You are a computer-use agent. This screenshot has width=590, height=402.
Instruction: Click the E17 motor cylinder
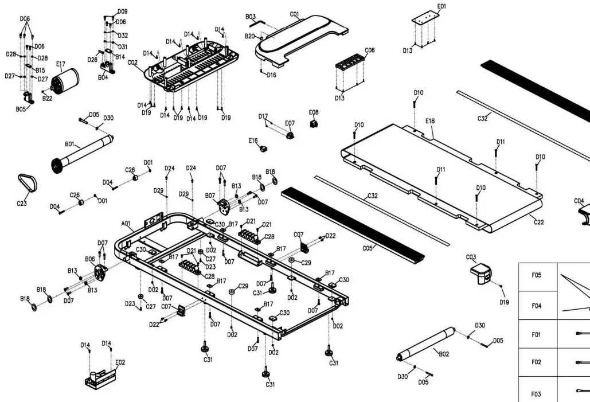click(64, 81)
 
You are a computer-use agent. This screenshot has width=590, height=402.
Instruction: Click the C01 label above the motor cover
click(295, 14)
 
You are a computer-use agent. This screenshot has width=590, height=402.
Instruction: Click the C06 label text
click(370, 50)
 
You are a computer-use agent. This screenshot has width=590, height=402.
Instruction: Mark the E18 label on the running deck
click(430, 121)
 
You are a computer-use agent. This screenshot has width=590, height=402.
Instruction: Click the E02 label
click(120, 362)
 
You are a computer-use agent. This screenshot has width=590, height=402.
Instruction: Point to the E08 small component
click(314, 123)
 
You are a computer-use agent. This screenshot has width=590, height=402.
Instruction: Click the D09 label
click(123, 11)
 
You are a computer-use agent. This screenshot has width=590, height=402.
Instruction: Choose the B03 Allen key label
click(251, 17)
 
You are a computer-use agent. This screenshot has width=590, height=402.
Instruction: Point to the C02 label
click(132, 62)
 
